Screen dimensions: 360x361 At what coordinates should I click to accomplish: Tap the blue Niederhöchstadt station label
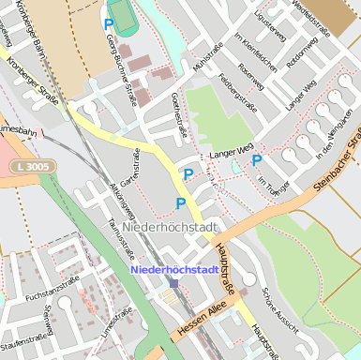point(174,270)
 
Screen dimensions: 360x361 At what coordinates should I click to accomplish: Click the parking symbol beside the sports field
point(109,24)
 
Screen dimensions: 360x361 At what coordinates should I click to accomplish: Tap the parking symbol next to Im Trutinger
point(256,159)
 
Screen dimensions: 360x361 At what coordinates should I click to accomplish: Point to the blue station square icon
point(173,282)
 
